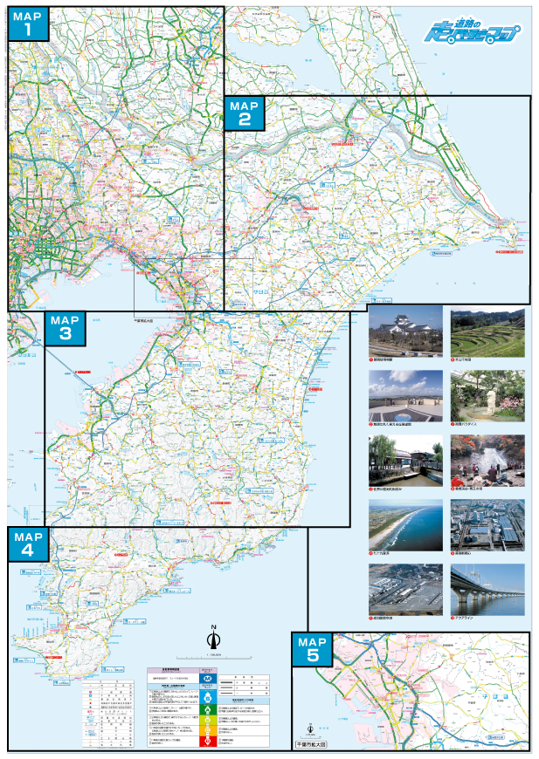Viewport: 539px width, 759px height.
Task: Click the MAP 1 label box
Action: [29, 24]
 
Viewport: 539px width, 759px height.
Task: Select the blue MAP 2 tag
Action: [244, 113]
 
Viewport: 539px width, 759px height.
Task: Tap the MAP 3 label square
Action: [66, 328]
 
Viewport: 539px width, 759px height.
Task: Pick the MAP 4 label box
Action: [30, 544]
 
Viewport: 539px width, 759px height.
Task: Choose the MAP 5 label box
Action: [312, 650]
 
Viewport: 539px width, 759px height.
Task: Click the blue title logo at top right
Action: [469, 35]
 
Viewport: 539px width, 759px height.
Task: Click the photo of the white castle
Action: [405, 331]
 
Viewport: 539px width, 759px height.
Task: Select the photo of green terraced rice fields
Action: [487, 331]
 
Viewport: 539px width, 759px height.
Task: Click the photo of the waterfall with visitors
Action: [487, 459]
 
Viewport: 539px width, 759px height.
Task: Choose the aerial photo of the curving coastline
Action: [405, 523]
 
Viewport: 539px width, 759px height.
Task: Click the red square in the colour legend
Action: [207, 740]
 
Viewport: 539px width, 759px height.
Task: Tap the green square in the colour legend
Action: [207, 708]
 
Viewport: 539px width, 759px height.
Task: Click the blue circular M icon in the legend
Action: [207, 677]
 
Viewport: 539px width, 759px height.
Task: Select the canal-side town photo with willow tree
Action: [405, 459]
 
